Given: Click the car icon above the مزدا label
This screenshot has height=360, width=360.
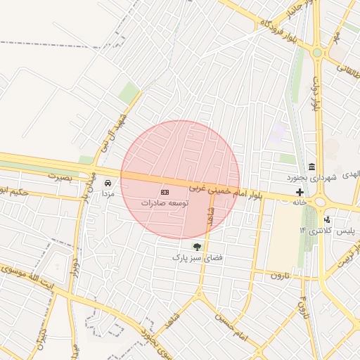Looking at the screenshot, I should [107, 183].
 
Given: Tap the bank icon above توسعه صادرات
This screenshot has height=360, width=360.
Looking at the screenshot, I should [165, 192].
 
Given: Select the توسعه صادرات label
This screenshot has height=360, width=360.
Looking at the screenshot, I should [165, 202].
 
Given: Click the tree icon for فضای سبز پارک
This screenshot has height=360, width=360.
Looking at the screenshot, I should [197, 247].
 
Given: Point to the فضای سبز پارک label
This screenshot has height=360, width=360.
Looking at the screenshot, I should [198, 258].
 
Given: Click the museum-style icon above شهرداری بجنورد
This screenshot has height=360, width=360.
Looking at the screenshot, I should [311, 165].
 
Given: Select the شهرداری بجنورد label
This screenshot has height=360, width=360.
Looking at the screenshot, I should [312, 175].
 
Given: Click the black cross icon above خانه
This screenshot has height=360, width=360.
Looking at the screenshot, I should [300, 192].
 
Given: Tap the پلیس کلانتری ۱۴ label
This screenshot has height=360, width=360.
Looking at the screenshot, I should [326, 231].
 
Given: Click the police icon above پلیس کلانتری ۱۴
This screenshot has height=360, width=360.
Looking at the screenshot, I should [326, 220].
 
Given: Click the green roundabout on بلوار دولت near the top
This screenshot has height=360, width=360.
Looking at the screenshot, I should [317, 52].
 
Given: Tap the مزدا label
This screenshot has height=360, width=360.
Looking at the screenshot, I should [108, 193].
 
